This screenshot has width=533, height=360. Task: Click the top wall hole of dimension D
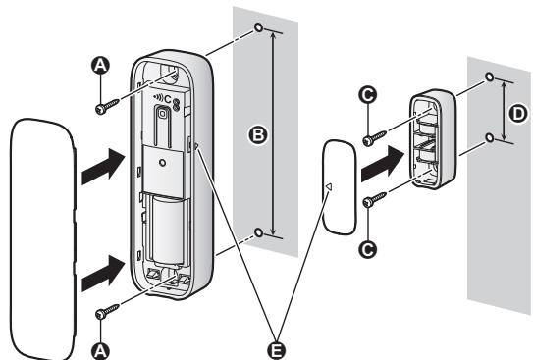tap(489, 76)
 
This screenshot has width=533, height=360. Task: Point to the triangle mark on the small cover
tap(330, 186)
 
